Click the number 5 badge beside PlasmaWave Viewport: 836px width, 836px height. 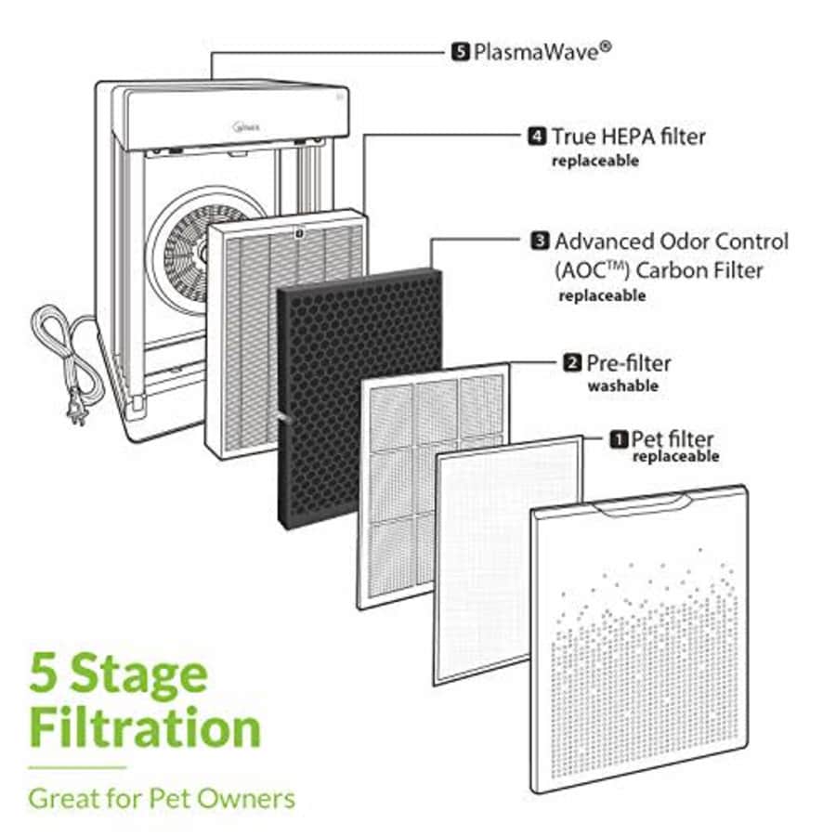point(460,52)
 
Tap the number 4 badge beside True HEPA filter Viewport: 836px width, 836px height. point(536,137)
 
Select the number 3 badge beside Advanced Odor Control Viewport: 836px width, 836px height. point(539,242)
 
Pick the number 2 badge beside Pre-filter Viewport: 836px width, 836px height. point(573,363)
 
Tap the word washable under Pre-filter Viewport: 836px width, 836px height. point(622,385)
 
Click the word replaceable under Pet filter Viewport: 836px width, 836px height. point(675,457)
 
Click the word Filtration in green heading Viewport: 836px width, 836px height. point(144,729)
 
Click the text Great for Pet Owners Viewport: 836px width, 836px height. point(162,798)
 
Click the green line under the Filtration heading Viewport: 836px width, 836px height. point(77,768)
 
